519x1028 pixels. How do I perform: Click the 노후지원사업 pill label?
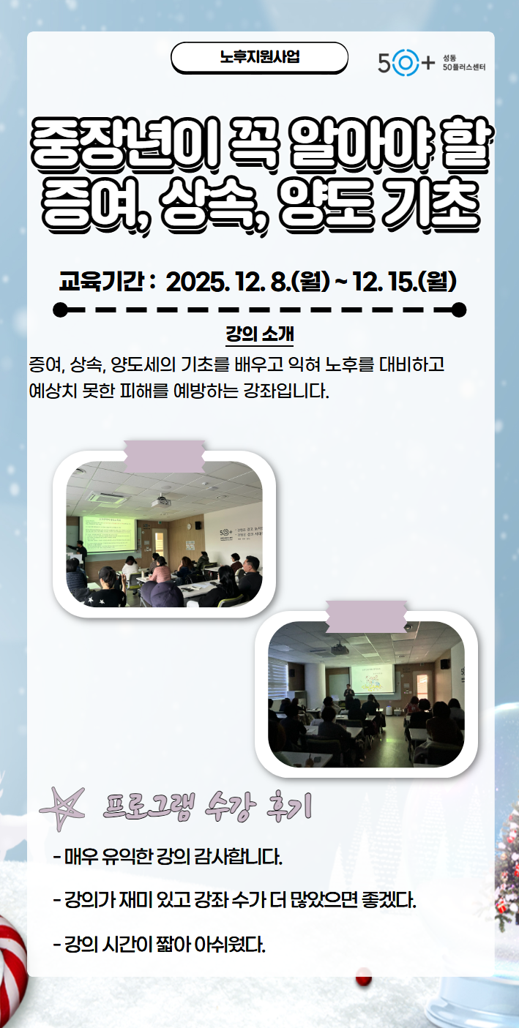[259, 57]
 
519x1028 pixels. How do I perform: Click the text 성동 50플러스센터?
[463, 62]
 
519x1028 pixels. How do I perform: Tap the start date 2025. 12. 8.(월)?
[248, 282]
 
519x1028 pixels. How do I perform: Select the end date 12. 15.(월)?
[405, 282]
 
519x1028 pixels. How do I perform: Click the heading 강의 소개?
[259, 334]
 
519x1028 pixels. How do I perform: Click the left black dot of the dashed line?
[60, 309]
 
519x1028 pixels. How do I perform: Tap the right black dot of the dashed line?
[459, 309]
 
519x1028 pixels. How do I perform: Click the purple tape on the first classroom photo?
[165, 456]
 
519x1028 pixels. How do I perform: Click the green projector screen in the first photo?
[109, 535]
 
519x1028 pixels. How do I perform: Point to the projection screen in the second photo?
[372, 678]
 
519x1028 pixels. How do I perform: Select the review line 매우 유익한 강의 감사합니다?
[168, 857]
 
